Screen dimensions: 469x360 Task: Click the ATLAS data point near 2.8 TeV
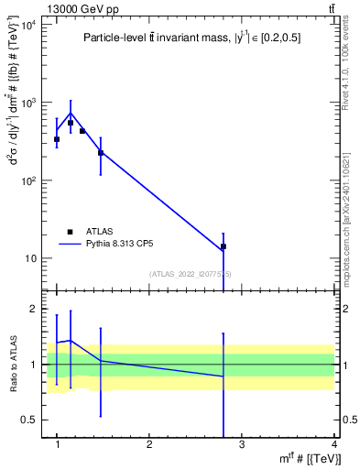click(x=223, y=246)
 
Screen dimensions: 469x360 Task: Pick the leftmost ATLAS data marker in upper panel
click(x=57, y=139)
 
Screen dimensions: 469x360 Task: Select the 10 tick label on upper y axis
click(x=31, y=258)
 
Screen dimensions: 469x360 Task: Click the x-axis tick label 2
click(x=149, y=445)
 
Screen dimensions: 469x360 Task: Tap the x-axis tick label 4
click(x=333, y=445)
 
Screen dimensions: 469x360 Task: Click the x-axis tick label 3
click(x=241, y=445)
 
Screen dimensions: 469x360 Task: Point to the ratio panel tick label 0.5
click(x=30, y=420)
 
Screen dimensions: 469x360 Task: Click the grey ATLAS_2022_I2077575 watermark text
click(x=191, y=274)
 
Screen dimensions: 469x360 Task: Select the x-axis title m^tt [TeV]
click(x=311, y=459)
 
